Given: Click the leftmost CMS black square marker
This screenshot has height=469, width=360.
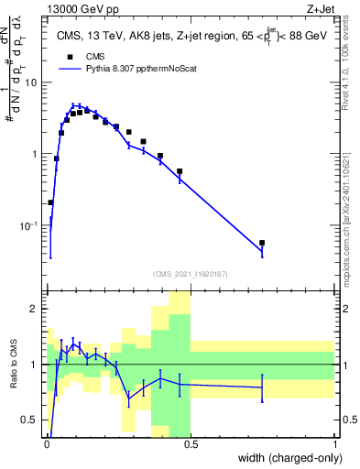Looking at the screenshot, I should (50, 202).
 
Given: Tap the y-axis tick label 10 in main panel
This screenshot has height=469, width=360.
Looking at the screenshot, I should (31, 82).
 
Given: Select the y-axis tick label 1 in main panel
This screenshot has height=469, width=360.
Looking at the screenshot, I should (35, 154).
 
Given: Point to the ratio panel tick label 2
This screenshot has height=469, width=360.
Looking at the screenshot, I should (35, 309).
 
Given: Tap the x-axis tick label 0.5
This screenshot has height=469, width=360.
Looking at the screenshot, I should (191, 443).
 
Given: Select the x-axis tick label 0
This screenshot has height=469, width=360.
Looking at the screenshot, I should (46, 443).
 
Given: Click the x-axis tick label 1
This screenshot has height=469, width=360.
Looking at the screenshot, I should (335, 443).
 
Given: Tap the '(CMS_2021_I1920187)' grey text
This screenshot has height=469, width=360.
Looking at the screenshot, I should (191, 274).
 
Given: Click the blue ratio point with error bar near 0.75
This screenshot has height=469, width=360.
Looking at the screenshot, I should (262, 387).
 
